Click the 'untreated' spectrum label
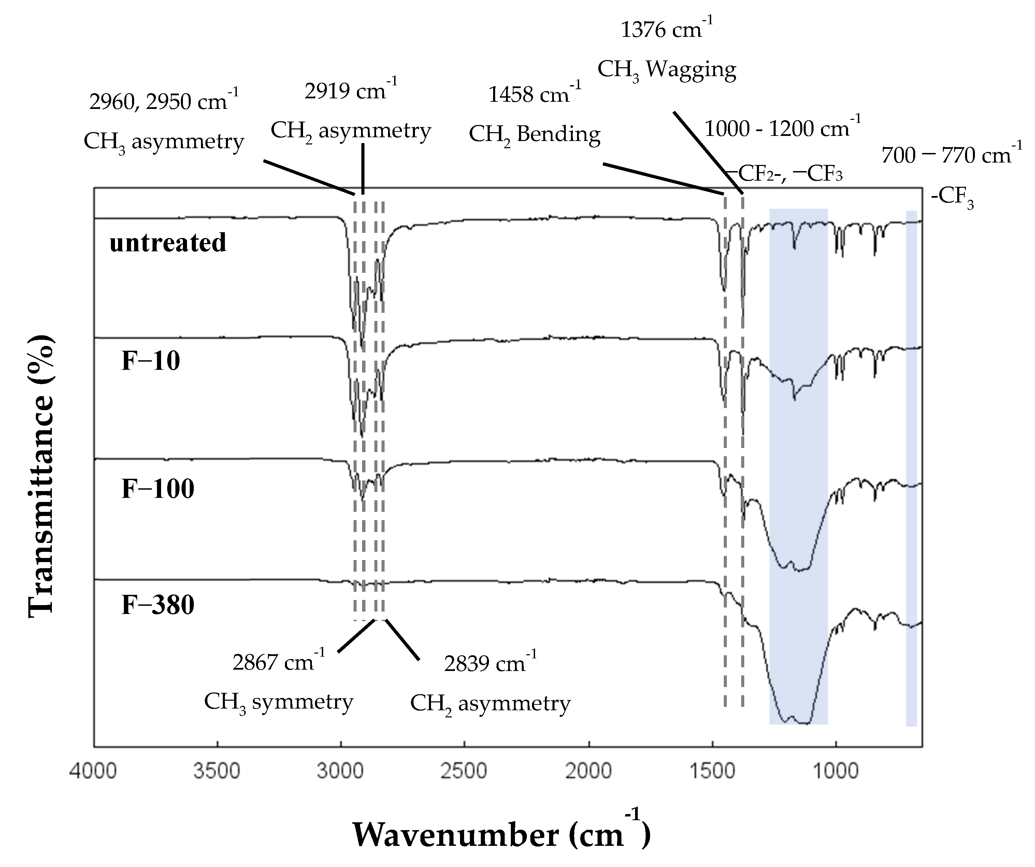pos(168,243)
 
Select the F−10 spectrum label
pos(151,361)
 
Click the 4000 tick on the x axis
pos(93,771)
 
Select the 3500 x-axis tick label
pos(217,771)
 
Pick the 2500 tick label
pos(464,771)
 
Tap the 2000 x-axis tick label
pos(588,771)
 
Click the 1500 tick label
pos(712,771)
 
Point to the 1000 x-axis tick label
pos(836,771)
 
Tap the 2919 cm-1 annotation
pos(350,91)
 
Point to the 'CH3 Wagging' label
pos(666,70)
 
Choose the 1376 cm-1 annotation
pos(666,30)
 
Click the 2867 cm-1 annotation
pos(278,662)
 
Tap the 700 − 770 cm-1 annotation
pos(951,155)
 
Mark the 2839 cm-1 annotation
pos(490,663)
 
